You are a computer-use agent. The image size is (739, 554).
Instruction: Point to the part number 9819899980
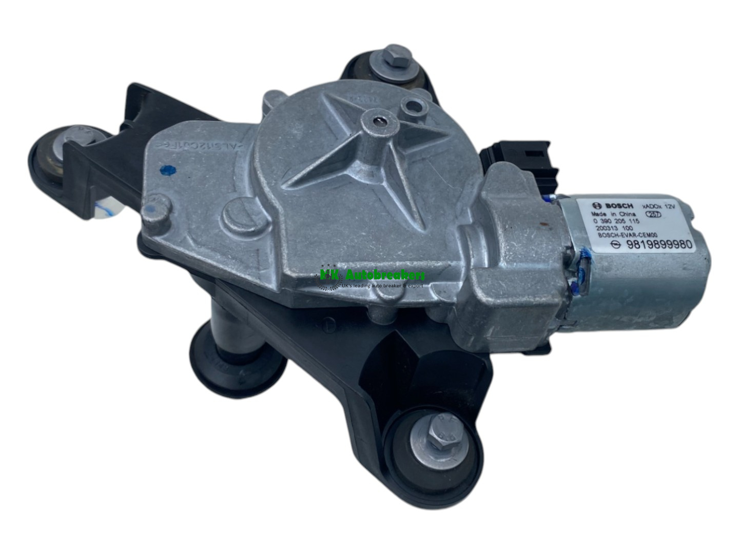click(659, 245)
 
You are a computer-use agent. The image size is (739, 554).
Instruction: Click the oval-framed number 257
click(655, 215)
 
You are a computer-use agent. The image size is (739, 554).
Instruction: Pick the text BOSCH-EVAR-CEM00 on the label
click(624, 235)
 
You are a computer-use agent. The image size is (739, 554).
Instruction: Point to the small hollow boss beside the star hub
click(412, 107)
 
